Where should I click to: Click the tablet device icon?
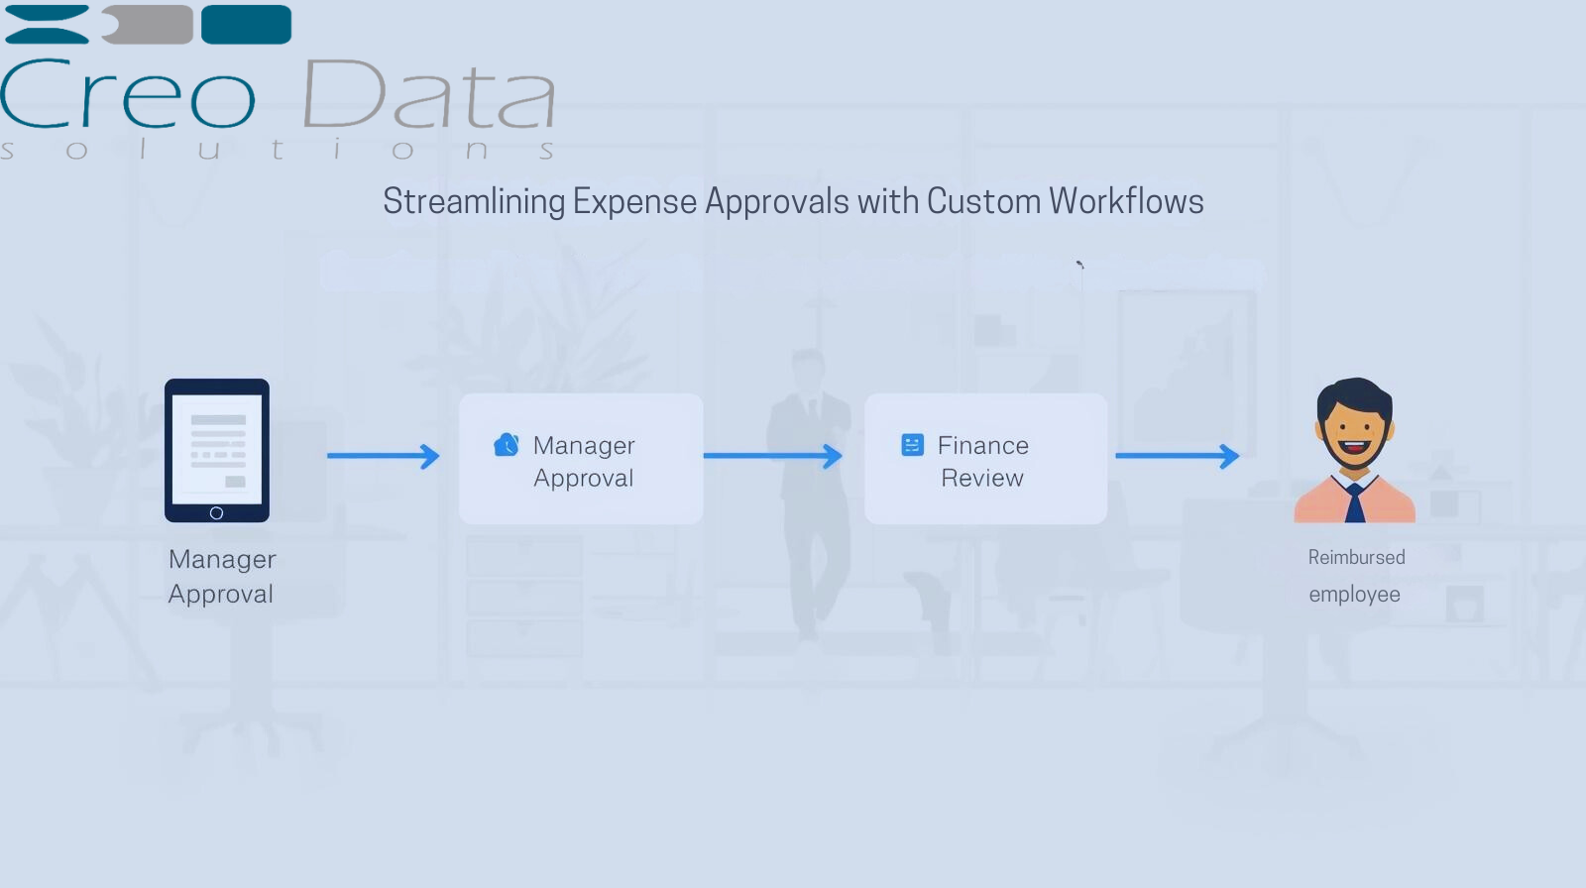point(217,450)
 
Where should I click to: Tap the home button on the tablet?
point(217,512)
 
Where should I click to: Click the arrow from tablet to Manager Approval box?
point(383,456)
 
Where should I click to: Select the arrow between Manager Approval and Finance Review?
point(772,456)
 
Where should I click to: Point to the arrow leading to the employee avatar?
point(1177,456)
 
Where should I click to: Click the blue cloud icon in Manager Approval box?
point(507,445)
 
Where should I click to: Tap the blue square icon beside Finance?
point(912,445)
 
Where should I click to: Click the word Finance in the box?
point(983,446)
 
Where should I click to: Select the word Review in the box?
point(982,479)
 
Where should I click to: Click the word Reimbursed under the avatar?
point(1356,558)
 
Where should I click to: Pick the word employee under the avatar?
point(1354,595)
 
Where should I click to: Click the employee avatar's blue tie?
point(1355,503)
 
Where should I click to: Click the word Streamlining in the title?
point(474,202)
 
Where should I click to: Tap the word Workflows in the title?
point(1126,201)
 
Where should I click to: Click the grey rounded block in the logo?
point(149,25)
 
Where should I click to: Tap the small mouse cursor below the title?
point(1079,265)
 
